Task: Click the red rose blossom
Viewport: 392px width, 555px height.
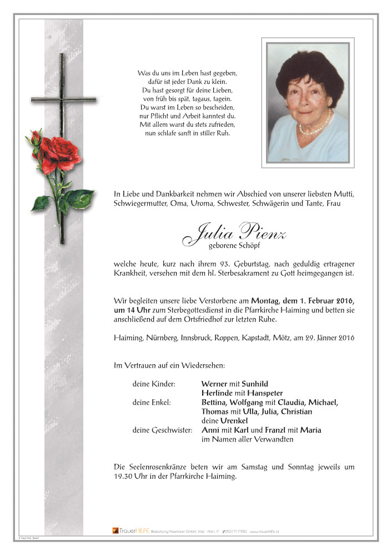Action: (60, 150)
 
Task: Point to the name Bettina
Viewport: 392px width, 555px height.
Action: (217, 402)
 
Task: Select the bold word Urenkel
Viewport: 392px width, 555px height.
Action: (233, 420)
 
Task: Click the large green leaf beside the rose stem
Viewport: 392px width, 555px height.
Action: (79, 197)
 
